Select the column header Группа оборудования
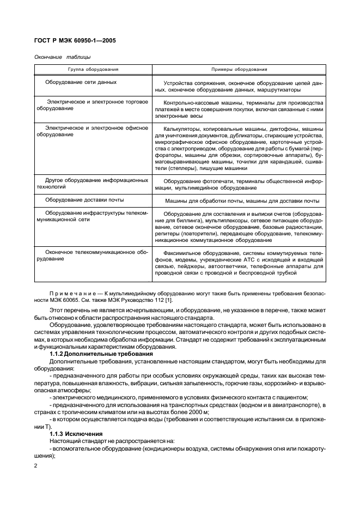click(x=93, y=70)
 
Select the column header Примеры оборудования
click(x=239, y=70)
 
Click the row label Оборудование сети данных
click(x=81, y=82)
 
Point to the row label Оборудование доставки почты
click(x=84, y=200)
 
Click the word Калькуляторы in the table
click(x=181, y=129)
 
